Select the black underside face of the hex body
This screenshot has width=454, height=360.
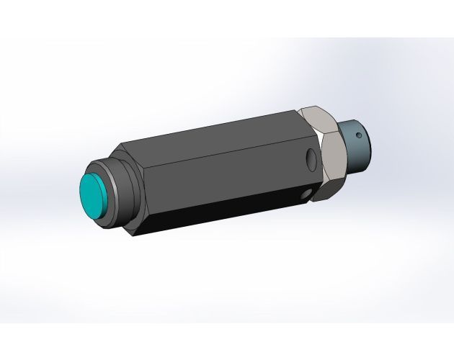216,216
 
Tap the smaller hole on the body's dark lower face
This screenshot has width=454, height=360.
306,194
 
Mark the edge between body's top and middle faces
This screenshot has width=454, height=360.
216,146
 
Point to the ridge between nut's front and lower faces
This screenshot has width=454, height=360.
335,179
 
